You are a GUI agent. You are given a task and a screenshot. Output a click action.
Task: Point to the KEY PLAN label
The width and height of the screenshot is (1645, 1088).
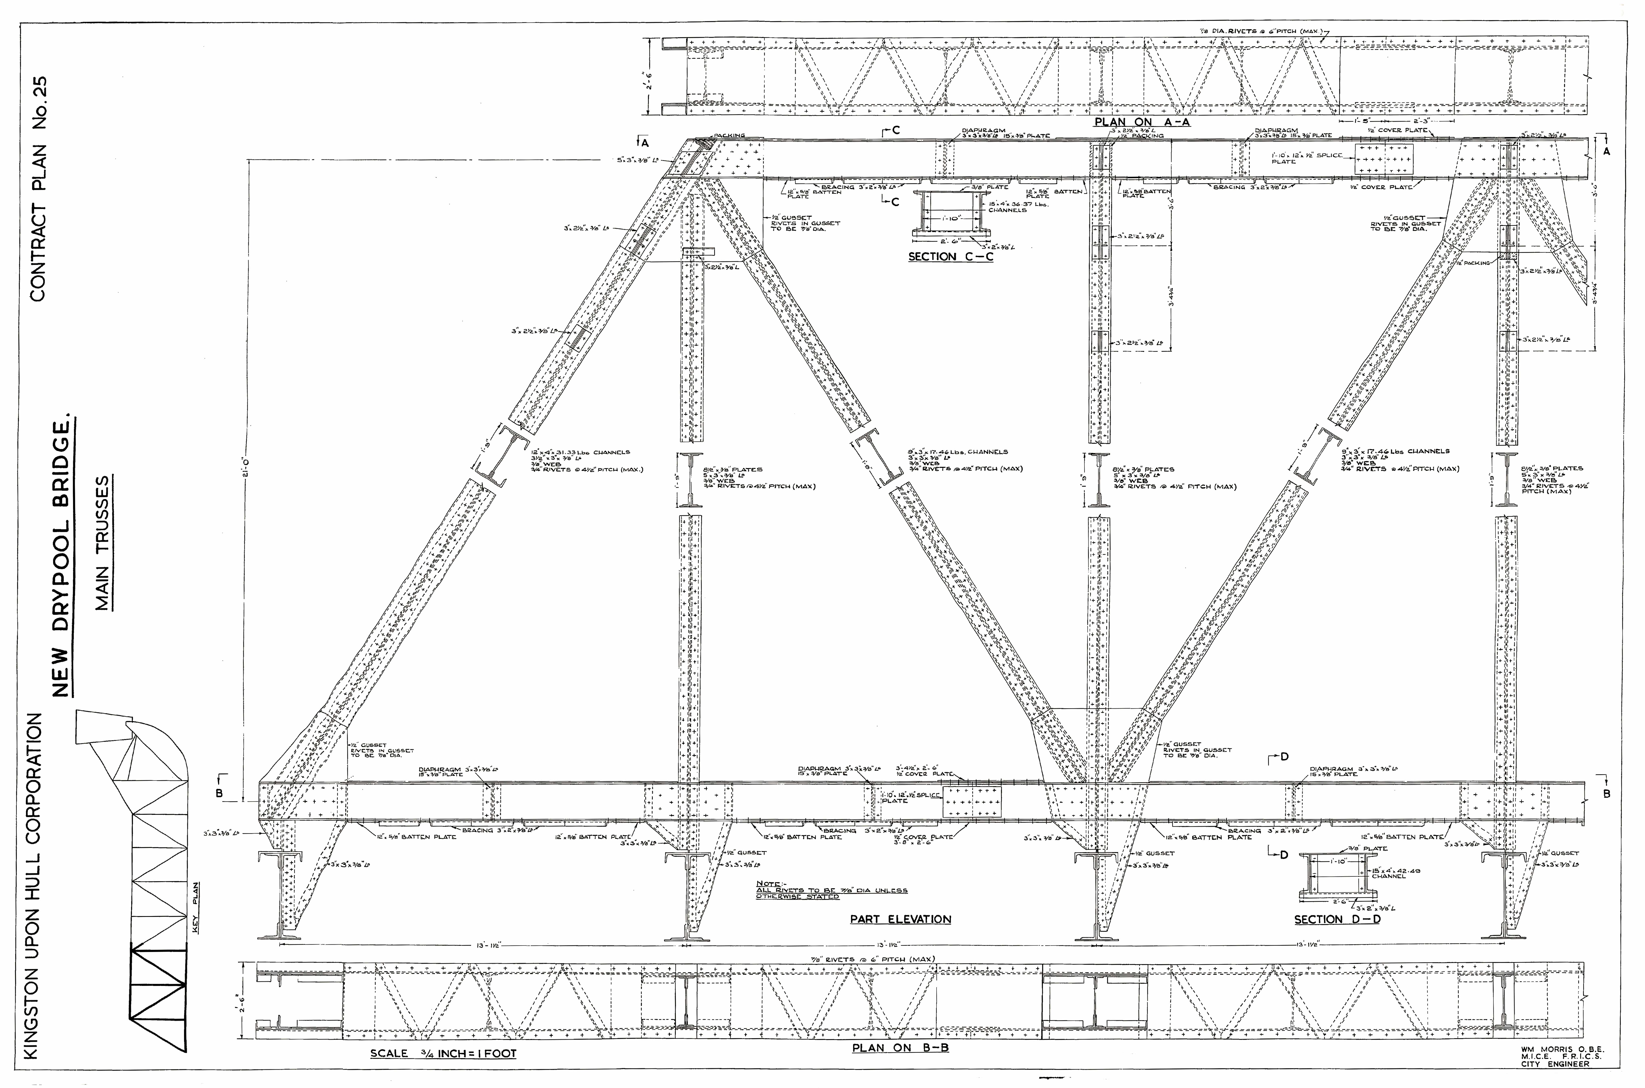[196, 909]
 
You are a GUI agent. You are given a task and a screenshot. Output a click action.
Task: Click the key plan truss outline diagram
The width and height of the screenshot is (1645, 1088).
[139, 888]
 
